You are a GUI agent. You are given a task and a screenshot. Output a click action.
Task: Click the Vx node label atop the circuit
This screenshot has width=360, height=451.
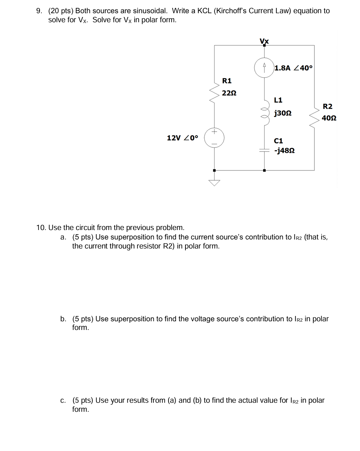264,41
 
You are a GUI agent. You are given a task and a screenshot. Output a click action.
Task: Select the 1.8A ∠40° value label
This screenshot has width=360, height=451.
294,68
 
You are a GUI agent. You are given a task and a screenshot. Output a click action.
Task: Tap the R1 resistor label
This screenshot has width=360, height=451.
227,81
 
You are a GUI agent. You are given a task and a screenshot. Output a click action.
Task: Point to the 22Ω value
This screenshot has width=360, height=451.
229,93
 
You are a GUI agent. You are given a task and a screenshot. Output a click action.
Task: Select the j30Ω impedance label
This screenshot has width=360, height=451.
283,113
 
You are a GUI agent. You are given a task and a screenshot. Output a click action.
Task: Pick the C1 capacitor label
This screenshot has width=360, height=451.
278,141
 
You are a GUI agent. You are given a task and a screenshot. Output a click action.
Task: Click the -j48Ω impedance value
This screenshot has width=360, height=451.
284,151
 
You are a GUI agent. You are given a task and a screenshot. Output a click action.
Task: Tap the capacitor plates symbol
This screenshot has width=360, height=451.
264,150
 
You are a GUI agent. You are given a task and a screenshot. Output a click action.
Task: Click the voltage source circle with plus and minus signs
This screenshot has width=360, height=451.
214,138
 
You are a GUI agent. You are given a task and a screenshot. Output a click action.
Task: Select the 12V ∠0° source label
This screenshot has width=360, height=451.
182,138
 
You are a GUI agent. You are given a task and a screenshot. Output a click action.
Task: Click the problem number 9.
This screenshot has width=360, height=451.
39,11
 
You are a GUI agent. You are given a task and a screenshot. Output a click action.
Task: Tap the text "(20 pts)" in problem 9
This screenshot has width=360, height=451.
61,11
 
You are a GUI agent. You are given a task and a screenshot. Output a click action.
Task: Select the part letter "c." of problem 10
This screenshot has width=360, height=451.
63,400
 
